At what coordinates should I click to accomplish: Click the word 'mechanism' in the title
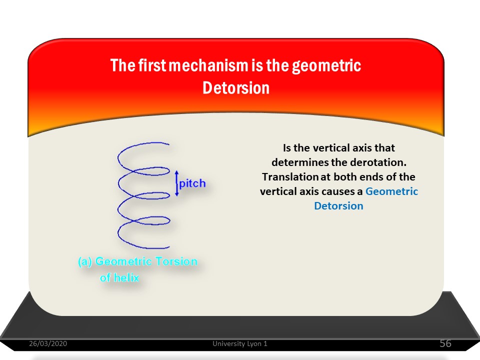(208, 65)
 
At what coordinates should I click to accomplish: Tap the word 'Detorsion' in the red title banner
(236, 88)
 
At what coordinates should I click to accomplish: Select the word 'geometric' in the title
(326, 66)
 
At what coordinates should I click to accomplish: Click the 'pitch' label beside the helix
(192, 183)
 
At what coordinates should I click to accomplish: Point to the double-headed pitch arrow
(176, 183)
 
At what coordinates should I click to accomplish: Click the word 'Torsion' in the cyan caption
(176, 261)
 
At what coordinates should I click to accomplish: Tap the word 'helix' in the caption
(126, 277)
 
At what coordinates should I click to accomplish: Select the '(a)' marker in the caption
(85, 261)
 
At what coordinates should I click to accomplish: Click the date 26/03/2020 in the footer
(48, 343)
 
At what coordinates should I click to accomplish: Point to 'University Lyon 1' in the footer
(240, 343)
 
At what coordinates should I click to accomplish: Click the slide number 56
(445, 343)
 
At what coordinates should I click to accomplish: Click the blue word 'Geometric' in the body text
(391, 191)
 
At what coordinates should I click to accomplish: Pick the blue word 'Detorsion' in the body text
(338, 205)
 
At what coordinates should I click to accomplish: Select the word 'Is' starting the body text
(287, 148)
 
